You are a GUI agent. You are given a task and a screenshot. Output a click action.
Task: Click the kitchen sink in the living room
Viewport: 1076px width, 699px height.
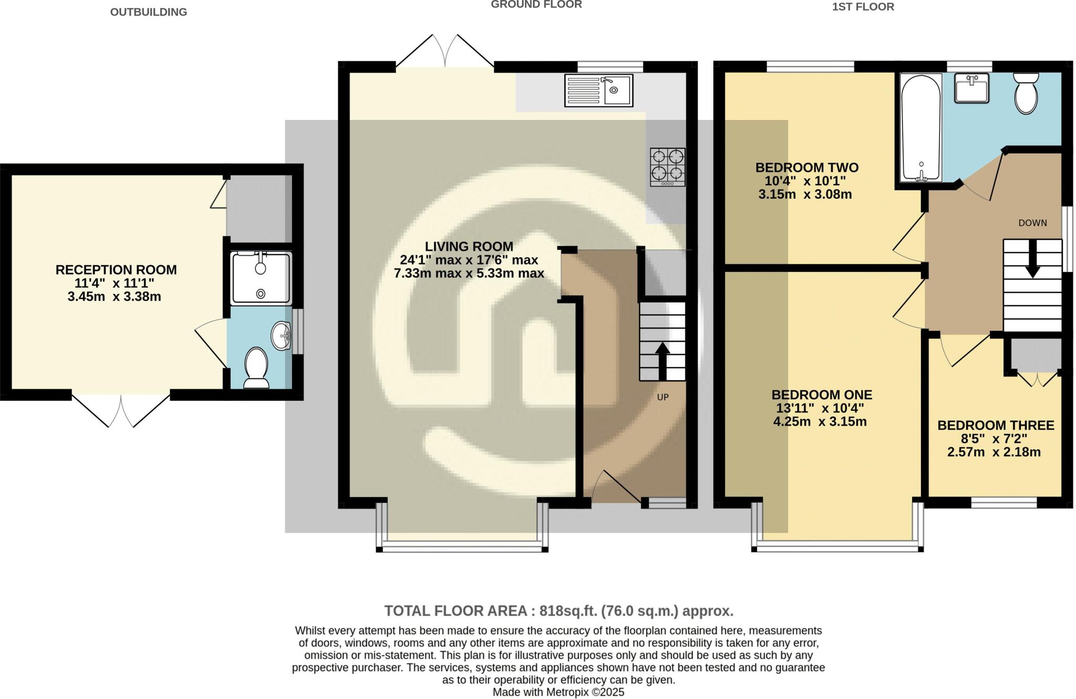(x=598, y=90)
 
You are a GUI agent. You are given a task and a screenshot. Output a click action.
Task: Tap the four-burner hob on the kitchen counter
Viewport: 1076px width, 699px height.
(x=668, y=167)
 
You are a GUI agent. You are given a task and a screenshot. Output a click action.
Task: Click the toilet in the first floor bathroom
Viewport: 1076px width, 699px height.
(x=1026, y=93)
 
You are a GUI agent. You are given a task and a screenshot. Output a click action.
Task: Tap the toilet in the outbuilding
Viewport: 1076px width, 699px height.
(x=256, y=368)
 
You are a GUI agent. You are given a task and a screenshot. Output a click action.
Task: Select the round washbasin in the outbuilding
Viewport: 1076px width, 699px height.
(x=281, y=336)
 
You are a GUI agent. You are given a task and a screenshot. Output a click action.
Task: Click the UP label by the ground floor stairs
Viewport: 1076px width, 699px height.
(x=663, y=397)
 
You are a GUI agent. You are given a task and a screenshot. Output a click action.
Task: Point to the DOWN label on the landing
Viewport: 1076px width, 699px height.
(x=1032, y=223)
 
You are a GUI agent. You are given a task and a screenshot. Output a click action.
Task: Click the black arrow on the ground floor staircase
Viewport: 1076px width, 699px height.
(x=663, y=361)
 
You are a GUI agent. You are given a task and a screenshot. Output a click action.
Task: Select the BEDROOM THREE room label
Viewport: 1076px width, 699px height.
(x=995, y=425)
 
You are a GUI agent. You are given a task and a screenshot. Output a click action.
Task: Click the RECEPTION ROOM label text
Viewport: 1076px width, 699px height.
(x=116, y=270)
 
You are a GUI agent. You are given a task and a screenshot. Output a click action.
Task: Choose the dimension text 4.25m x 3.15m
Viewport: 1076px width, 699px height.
(x=820, y=421)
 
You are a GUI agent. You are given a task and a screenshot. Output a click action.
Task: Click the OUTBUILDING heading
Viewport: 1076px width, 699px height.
(x=149, y=12)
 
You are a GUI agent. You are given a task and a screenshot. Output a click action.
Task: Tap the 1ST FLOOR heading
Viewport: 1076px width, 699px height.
(x=863, y=7)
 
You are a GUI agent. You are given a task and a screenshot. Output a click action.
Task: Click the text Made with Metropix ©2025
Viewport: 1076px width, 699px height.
(x=558, y=692)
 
